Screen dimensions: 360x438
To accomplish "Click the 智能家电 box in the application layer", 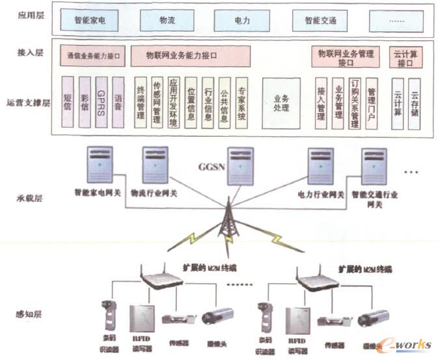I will click(90, 21).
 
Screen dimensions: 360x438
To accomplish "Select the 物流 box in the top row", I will click(167, 21).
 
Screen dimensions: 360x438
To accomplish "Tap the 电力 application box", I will click(243, 21).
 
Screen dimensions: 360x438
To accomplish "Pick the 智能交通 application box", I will click(320, 21).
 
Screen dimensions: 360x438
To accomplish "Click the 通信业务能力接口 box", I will click(94, 57).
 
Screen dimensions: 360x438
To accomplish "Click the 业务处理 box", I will click(281, 102).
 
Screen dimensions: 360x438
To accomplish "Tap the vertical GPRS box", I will click(101, 103).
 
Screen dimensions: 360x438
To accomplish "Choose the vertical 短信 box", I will click(68, 103).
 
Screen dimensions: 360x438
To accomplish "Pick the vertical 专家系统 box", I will click(241, 103).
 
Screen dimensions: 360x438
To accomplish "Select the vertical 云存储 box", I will click(415, 103).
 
